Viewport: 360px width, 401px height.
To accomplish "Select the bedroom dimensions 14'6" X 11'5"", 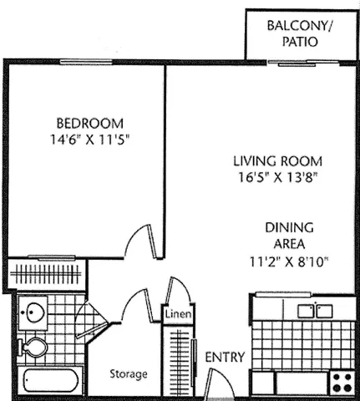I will (x=88, y=140).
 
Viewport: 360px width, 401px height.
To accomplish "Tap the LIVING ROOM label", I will (x=278, y=161).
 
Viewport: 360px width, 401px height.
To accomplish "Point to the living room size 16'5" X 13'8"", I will (x=278, y=177).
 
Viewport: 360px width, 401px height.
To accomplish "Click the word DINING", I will (x=289, y=227).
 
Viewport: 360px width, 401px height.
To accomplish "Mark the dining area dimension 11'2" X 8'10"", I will (x=289, y=261).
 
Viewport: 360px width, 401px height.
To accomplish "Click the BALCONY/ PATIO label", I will (x=298, y=34).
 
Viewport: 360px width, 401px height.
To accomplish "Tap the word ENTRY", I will (x=225, y=358).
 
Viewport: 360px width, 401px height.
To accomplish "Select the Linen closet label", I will (x=176, y=314).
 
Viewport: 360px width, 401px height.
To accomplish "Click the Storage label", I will (x=129, y=373).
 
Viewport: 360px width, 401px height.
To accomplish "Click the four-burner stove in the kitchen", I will (x=342, y=382).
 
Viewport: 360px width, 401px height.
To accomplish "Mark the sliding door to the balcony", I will (x=302, y=63).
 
